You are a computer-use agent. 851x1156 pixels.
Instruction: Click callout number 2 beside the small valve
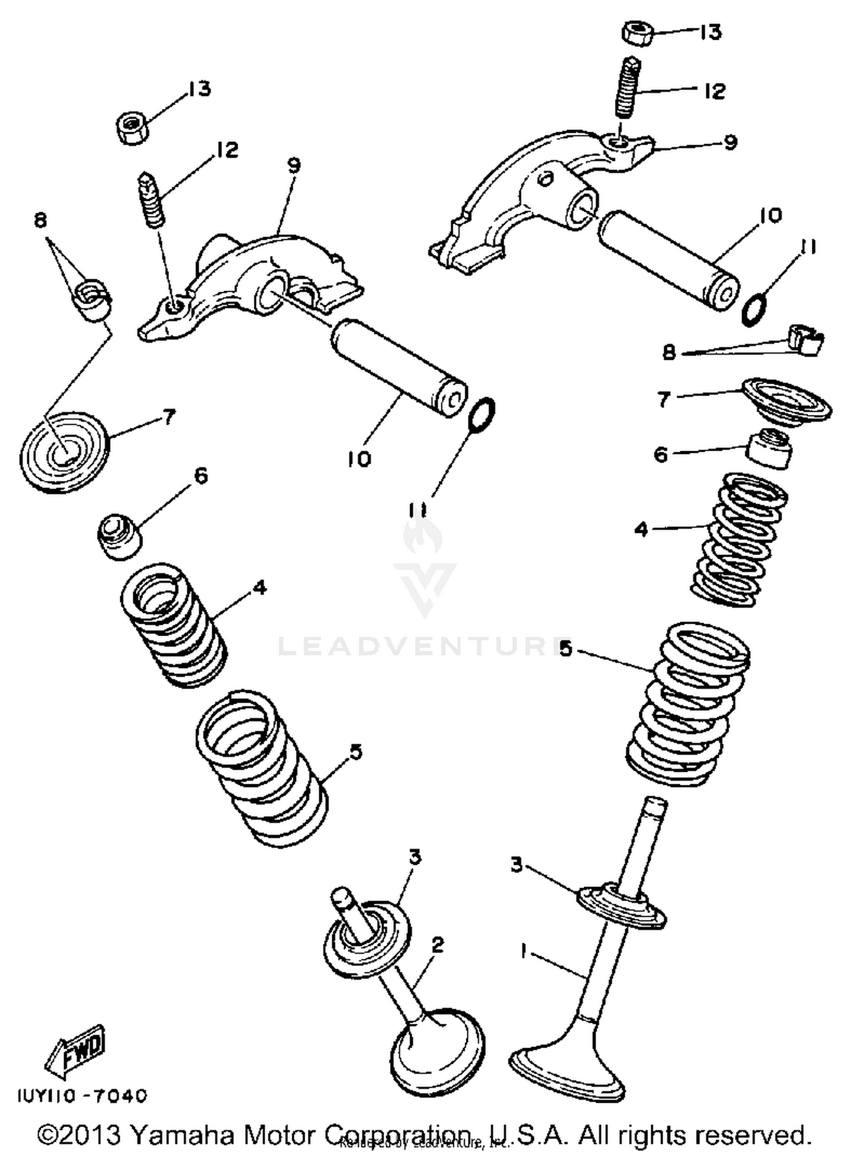437,945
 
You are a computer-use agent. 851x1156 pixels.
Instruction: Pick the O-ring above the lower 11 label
482,415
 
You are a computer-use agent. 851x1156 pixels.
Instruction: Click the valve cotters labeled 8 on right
805,342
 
